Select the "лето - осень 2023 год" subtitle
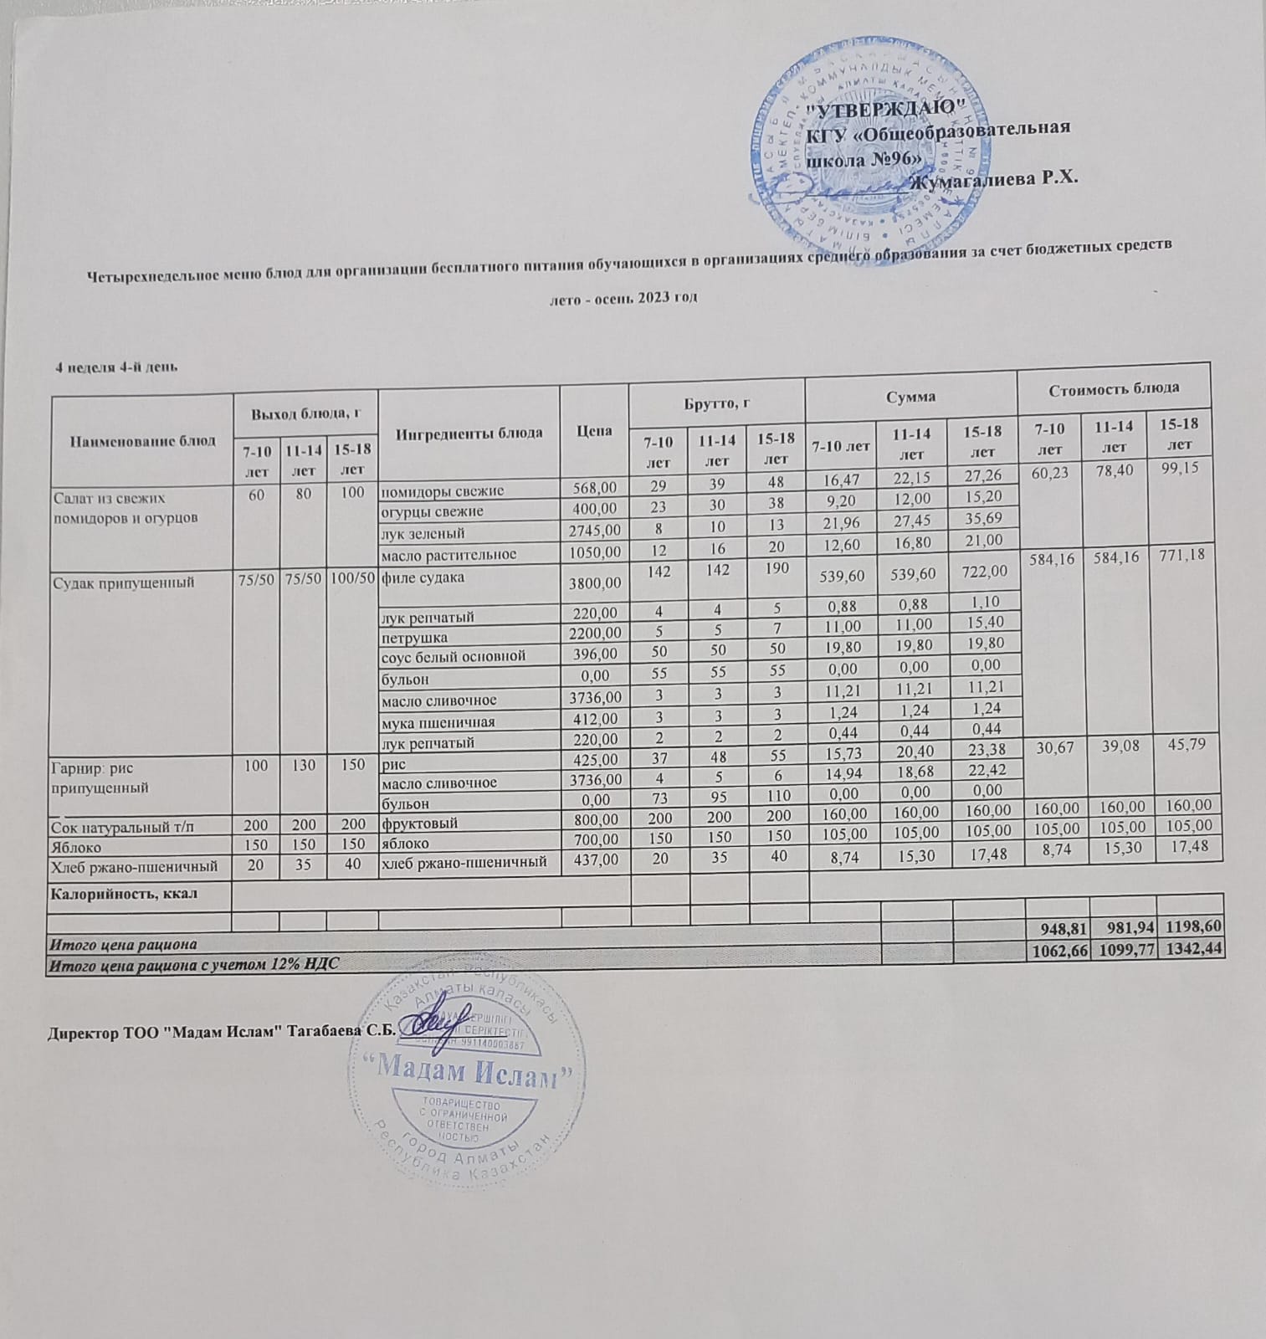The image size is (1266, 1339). [x=621, y=298]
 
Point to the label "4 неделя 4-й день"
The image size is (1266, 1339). [x=115, y=367]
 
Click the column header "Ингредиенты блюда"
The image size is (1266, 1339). [x=469, y=433]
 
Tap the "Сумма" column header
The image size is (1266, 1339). [x=911, y=397]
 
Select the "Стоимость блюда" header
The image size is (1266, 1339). [x=1113, y=387]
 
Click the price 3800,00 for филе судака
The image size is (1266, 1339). [x=592, y=582]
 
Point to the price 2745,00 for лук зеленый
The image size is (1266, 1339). [x=593, y=532]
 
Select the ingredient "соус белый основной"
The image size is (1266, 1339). [x=454, y=656]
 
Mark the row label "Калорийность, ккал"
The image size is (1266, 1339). [x=125, y=893]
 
